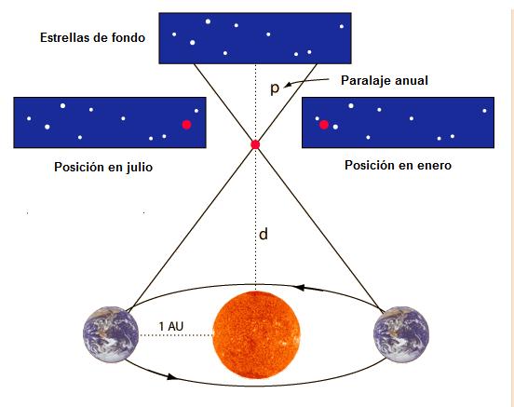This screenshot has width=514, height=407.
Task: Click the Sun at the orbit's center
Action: [x=256, y=334]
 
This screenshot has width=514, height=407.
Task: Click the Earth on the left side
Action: [x=111, y=334]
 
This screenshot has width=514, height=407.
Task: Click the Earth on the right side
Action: [x=401, y=334]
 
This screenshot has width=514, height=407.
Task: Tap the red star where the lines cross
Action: [x=255, y=144]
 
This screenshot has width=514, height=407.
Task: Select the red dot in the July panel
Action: [x=186, y=125]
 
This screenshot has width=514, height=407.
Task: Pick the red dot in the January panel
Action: [x=324, y=125]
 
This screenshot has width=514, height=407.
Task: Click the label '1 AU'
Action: [x=171, y=326]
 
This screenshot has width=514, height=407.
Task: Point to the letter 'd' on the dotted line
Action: [x=264, y=234]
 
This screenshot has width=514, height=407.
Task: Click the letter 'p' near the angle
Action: [x=275, y=88]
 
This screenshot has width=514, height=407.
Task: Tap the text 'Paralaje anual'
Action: [x=385, y=80]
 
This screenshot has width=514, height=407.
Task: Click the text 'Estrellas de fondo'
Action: [x=92, y=37]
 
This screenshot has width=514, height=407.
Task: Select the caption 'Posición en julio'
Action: [x=103, y=167]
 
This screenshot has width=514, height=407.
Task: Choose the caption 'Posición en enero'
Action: [x=398, y=165]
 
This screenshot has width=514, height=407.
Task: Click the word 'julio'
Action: [x=140, y=168]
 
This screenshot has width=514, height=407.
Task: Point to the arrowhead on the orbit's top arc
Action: [x=300, y=288]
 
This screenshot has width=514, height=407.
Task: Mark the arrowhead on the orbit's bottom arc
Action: [x=171, y=377]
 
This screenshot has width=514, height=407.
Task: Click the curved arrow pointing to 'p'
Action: [x=305, y=81]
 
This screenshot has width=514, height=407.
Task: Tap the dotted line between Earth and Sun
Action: [x=176, y=335]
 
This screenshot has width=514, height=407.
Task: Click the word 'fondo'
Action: [x=128, y=37]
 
